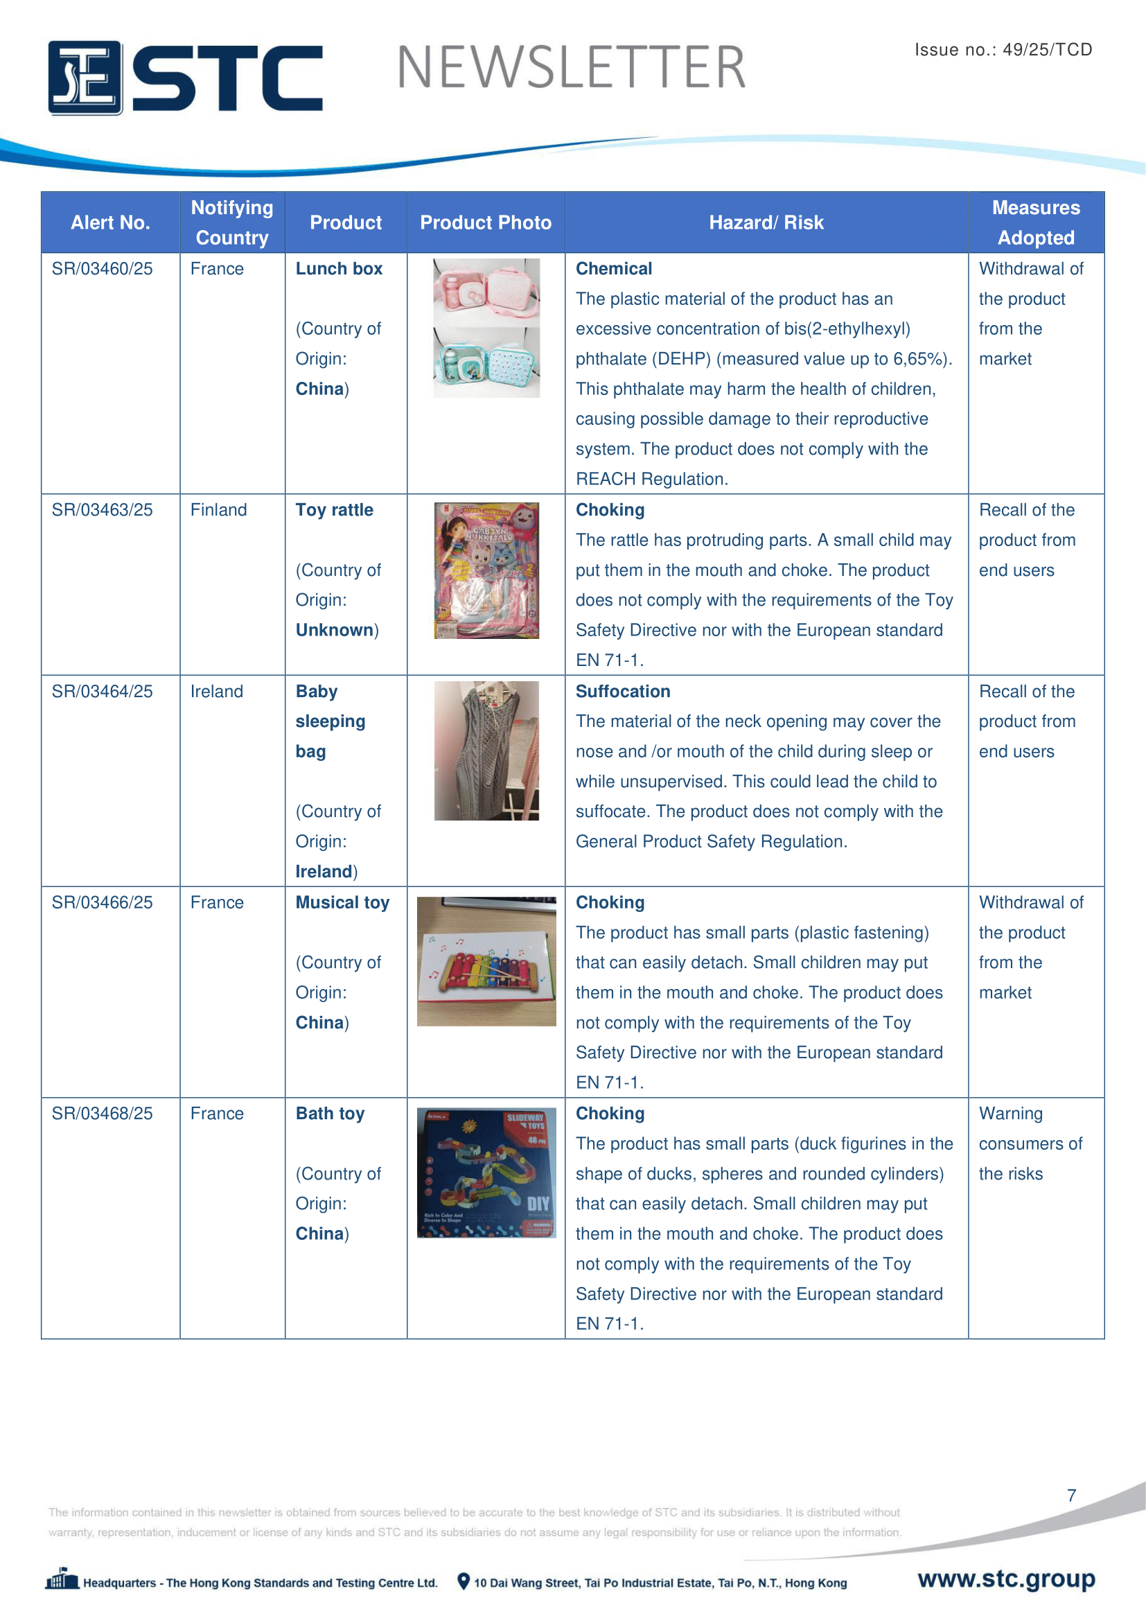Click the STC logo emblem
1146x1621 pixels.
coord(85,78)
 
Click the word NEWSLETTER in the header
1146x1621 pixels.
coord(571,68)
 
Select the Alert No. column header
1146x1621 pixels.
coord(110,222)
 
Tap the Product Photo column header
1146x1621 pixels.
coord(486,222)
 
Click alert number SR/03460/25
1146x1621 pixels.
coord(103,269)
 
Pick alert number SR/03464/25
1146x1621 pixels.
coord(103,691)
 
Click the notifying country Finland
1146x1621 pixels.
coord(219,510)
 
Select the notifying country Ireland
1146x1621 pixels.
coord(217,691)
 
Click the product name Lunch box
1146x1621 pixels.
coord(339,269)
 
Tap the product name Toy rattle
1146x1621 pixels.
coord(335,510)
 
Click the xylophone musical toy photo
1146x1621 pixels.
coord(486,961)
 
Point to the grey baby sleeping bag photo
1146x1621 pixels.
coord(486,751)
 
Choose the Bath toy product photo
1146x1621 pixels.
coord(486,1172)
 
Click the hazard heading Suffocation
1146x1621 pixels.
coord(622,691)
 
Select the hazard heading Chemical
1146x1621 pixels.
coord(613,269)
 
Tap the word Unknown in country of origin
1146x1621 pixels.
coord(335,630)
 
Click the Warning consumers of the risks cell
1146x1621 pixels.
coord(1030,1143)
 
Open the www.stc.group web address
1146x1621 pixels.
coord(1006,1578)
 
